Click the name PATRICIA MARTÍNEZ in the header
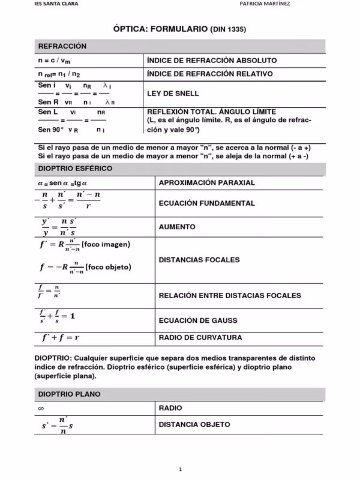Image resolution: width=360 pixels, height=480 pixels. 265,3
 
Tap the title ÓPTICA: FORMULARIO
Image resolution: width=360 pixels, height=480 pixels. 161,28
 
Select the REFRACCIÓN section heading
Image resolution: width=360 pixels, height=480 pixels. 62,46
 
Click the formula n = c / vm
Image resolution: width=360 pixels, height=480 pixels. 54,61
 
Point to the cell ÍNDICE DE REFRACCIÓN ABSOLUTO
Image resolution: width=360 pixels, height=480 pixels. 211,61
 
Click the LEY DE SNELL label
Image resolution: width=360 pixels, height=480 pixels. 173,94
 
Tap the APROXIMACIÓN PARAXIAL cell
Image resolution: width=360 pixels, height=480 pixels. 207,182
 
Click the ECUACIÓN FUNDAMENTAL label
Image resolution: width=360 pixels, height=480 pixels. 207,203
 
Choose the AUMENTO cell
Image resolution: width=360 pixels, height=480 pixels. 177,227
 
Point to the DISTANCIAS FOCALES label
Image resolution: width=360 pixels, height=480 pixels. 199,260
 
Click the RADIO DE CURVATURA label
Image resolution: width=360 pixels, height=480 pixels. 200,337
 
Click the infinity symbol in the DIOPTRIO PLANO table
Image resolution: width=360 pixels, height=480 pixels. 40,408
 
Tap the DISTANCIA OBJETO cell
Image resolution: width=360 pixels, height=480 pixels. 194,424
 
